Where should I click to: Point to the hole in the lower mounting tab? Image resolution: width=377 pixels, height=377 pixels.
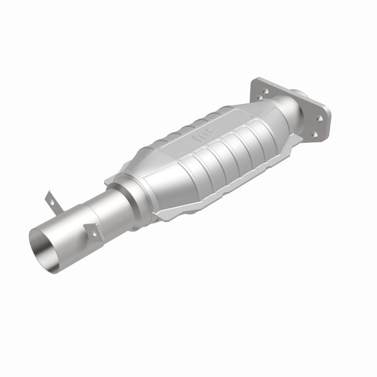coord(94,233)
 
